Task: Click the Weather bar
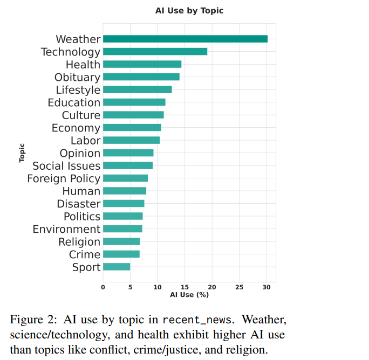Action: tap(185, 39)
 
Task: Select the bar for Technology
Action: tap(155, 52)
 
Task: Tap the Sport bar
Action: tap(117, 267)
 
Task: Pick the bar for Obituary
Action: tap(141, 77)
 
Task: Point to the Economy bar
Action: tap(132, 128)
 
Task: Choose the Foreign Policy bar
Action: tap(125, 178)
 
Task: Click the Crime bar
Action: tap(121, 254)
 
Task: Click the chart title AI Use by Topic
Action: tap(186, 11)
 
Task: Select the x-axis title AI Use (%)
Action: tap(189, 294)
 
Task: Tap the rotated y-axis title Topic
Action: tap(22, 153)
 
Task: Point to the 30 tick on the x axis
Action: tap(266, 287)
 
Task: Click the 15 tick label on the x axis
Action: tap(184, 287)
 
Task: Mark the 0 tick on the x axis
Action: tap(103, 287)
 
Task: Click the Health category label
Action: tap(83, 65)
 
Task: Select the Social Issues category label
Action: tap(66, 166)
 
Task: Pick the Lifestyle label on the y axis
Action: tap(78, 90)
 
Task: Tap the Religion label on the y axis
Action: tap(79, 242)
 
